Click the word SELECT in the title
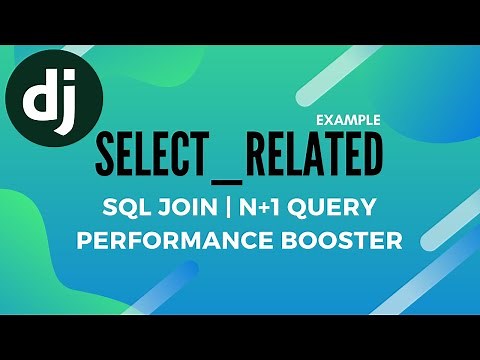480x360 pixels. [x=155, y=156]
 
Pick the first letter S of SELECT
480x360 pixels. [x=106, y=156]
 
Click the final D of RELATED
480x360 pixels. [x=371, y=156]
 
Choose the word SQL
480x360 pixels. [x=127, y=210]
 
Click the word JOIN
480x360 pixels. [x=188, y=210]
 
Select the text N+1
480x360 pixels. [x=263, y=210]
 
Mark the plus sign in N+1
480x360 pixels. [x=263, y=210]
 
